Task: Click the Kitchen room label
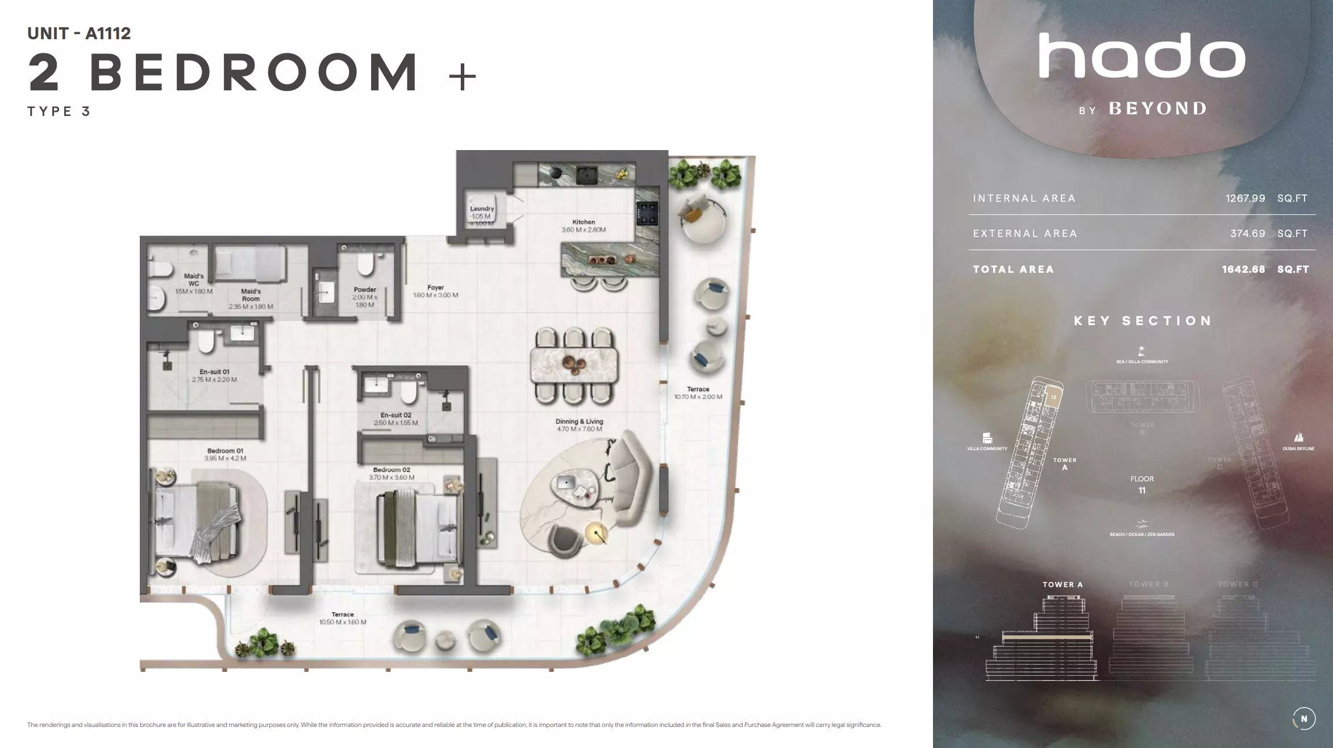[584, 222]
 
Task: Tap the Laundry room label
[482, 209]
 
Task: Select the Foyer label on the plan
[436, 288]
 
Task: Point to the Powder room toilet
[365, 264]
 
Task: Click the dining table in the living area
[575, 365]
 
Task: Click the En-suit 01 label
[214, 372]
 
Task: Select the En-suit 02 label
[396, 415]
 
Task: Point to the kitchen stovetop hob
[647, 214]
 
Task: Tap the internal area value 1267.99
[1245, 198]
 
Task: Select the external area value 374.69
[1247, 234]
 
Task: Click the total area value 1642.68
[1243, 269]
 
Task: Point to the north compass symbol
[1303, 718]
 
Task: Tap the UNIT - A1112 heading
[79, 34]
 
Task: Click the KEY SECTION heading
[1143, 321]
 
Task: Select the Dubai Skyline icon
[1298, 437]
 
